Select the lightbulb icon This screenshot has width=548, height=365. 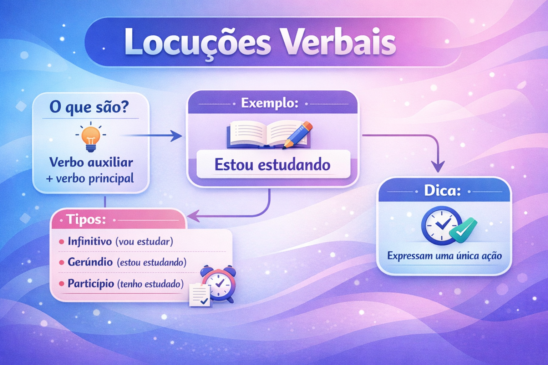click(91, 137)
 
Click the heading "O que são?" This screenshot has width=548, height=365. click(89, 107)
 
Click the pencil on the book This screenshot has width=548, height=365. click(298, 135)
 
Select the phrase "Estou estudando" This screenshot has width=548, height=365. click(273, 165)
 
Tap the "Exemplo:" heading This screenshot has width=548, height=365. click(270, 103)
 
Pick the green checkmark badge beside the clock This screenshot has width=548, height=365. click(463, 230)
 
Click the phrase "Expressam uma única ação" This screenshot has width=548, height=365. click(445, 256)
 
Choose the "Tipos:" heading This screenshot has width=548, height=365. click(86, 219)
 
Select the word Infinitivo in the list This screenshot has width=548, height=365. click(90, 241)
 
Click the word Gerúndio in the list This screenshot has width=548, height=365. click(90, 262)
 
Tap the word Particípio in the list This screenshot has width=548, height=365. click(91, 284)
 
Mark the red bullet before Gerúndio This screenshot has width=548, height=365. click(61, 263)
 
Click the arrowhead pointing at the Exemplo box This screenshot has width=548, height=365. click(177, 136)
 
